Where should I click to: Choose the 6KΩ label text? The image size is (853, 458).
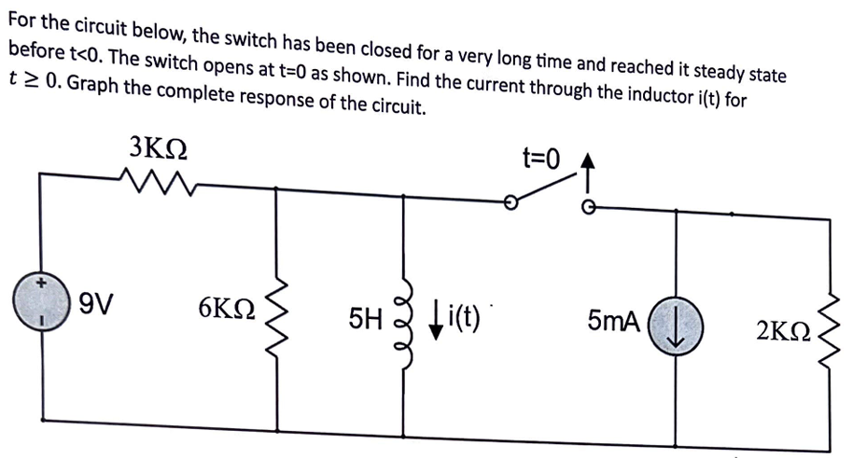pos(228,309)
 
